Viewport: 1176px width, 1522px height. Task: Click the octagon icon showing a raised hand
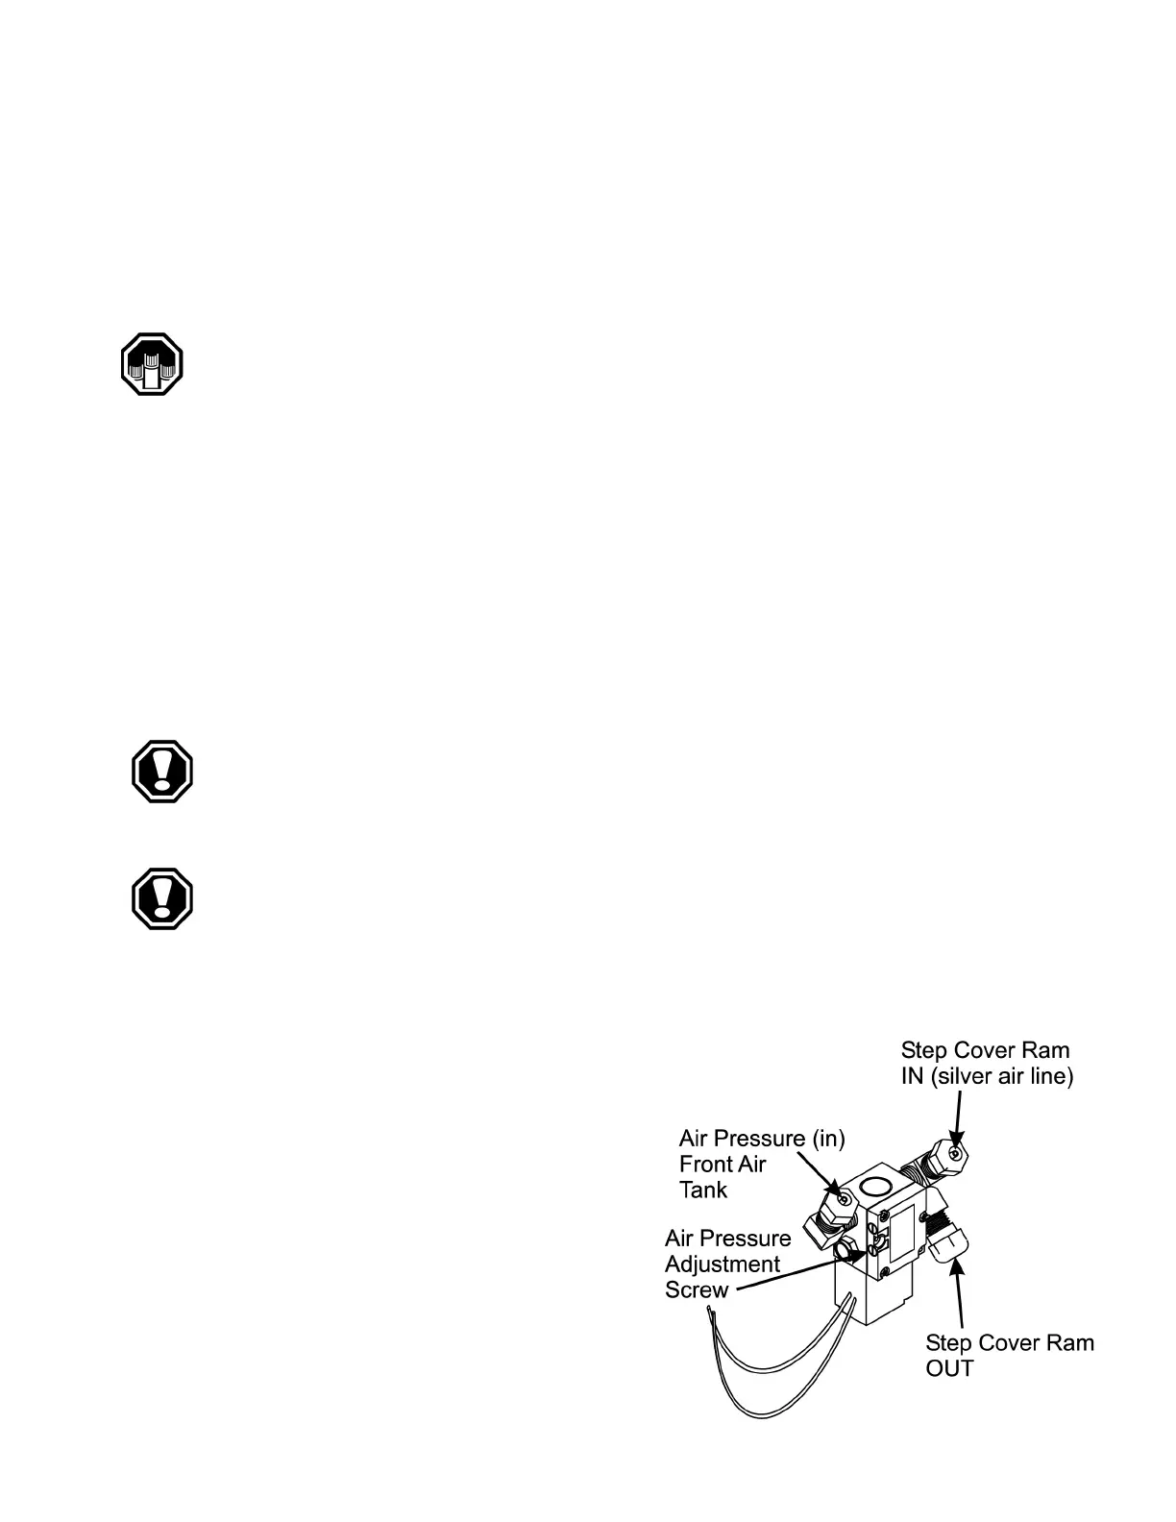152,364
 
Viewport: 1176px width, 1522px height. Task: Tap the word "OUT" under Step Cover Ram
949,1368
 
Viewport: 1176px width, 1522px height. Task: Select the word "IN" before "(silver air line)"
912,1076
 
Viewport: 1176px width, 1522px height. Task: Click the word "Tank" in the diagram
703,1190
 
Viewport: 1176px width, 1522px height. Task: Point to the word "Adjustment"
723,1264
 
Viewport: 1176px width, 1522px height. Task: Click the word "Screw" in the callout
697,1289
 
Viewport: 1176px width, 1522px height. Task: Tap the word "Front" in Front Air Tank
708,1164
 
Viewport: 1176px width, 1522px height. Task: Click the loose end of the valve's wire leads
709,1311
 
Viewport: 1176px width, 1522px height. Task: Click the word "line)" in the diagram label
1048,1076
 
